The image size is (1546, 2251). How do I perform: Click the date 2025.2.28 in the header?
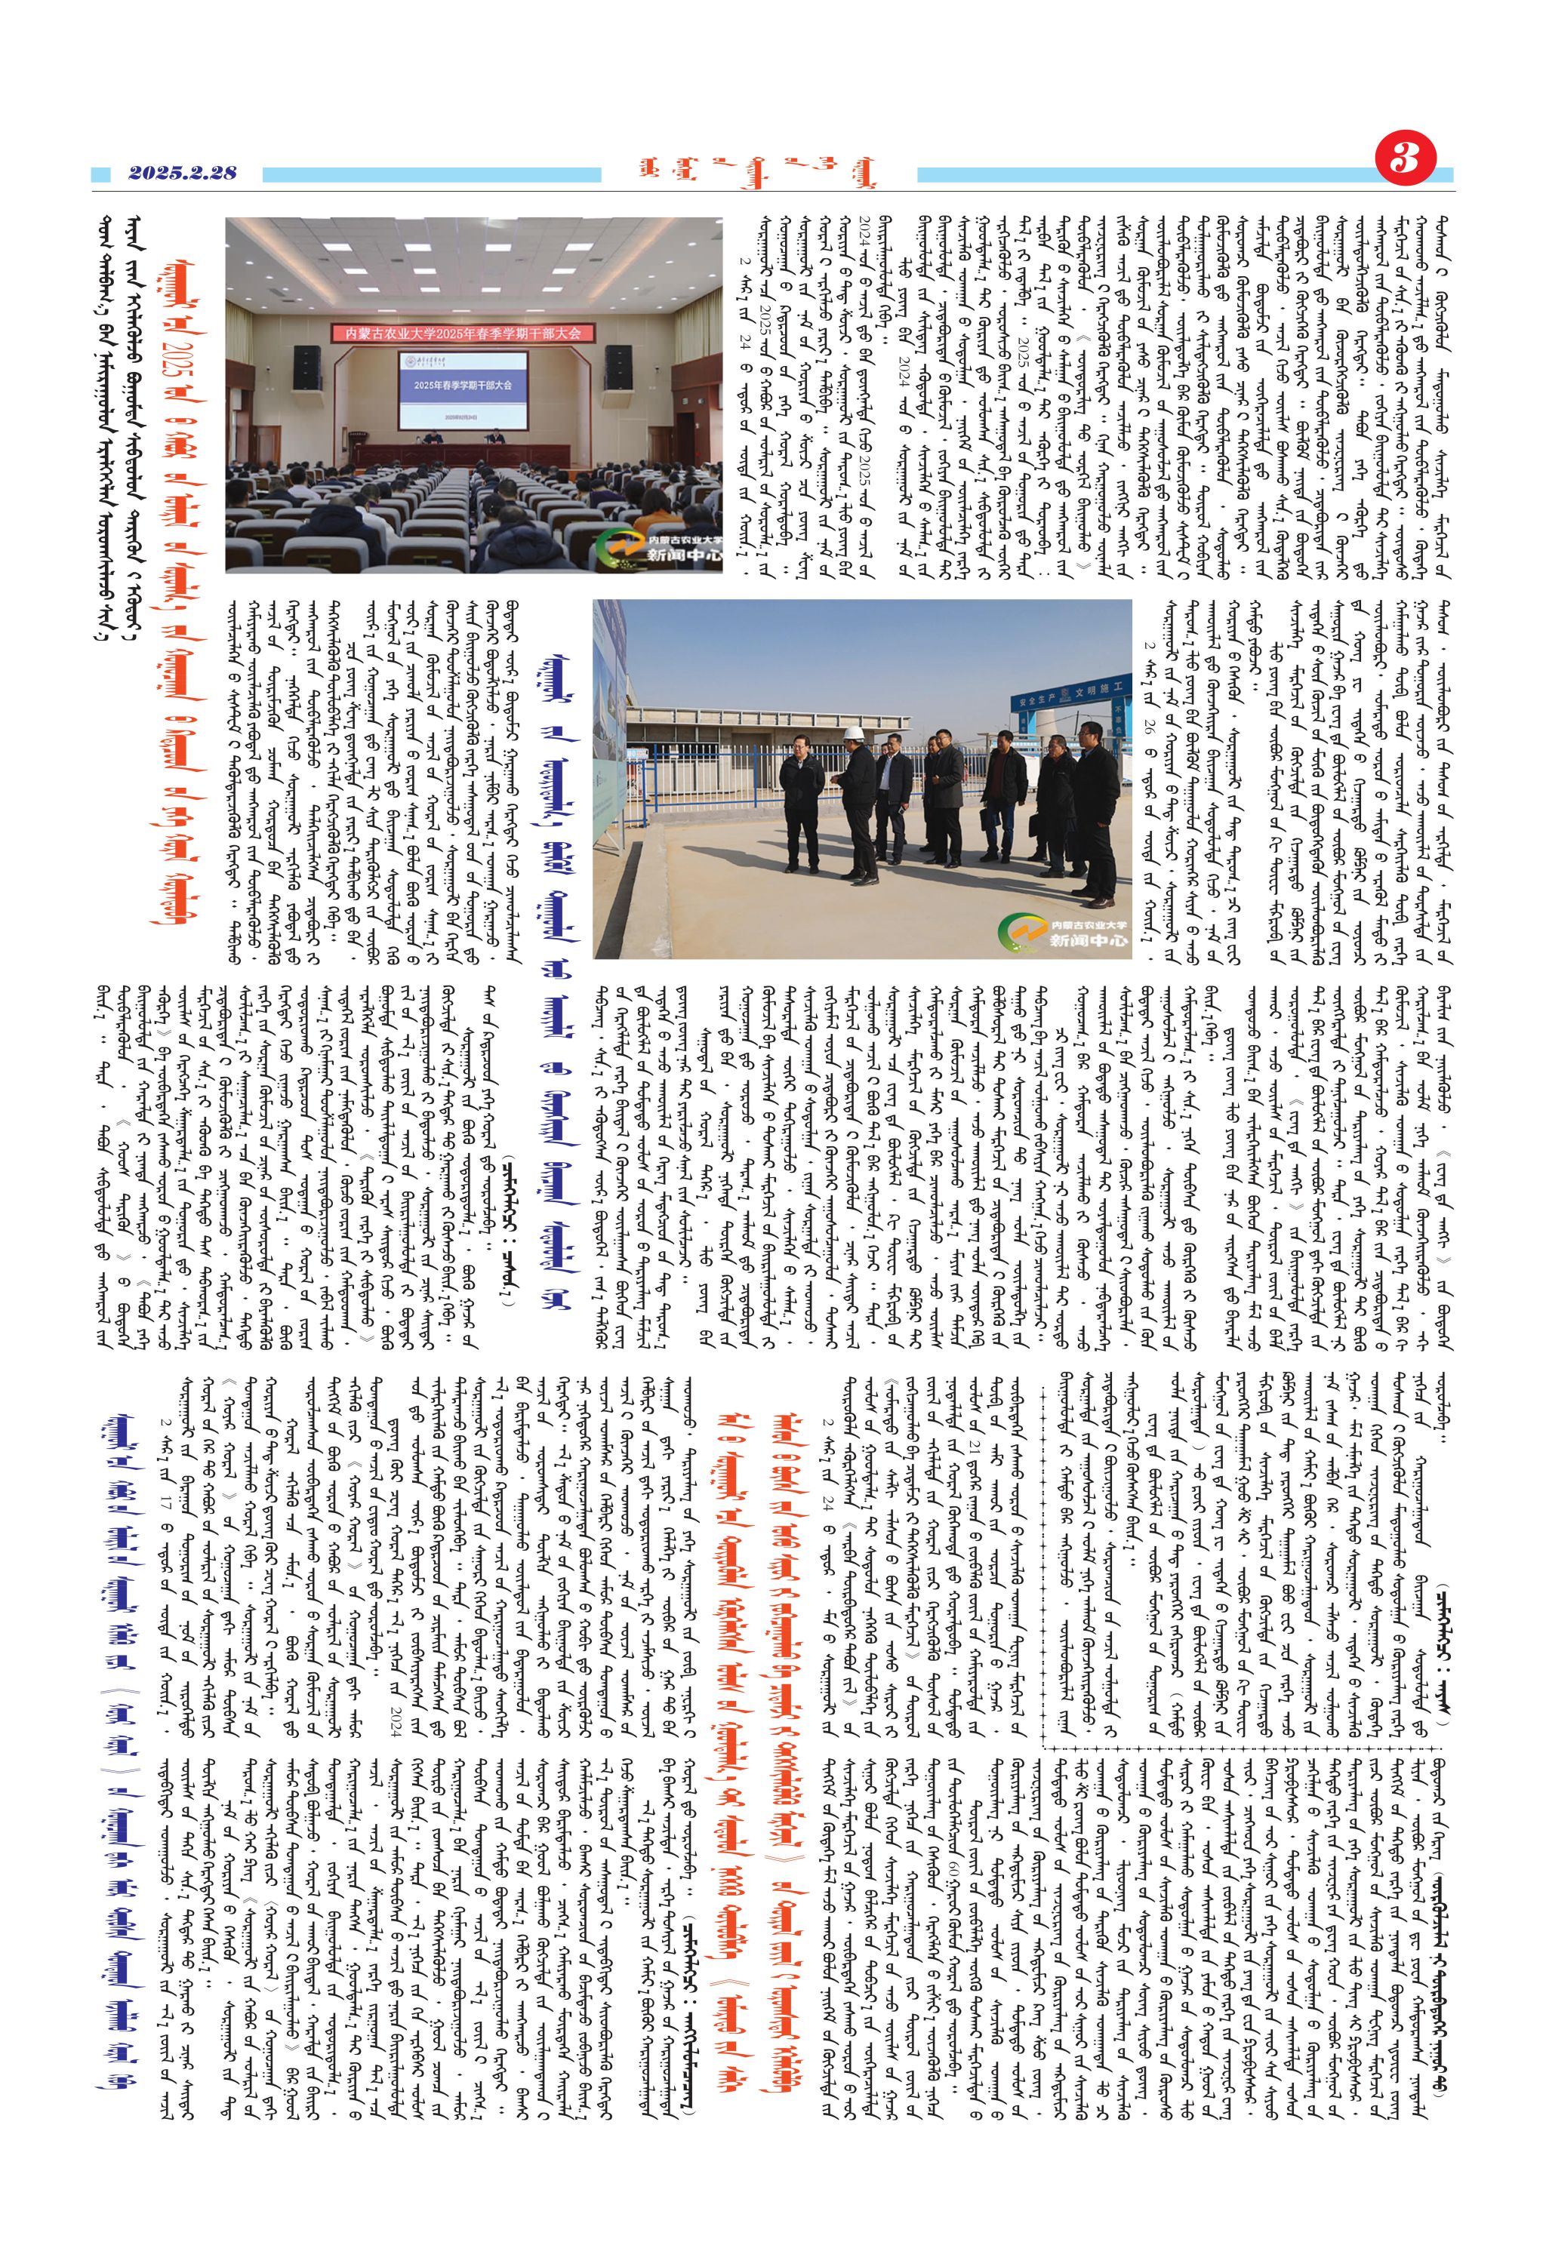click(x=182, y=174)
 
